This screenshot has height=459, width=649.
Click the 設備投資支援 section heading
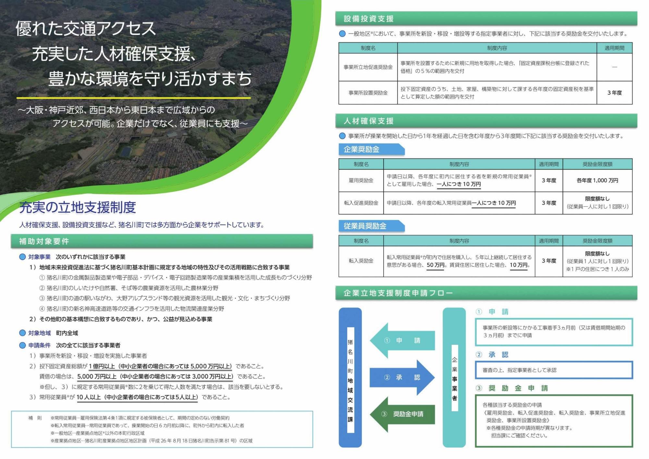[x=369, y=19]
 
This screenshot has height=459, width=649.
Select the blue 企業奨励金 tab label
[x=361, y=149]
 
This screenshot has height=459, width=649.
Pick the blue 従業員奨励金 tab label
[x=365, y=226]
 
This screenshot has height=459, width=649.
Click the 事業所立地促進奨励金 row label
[x=368, y=67]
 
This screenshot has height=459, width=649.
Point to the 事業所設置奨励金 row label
[x=368, y=93]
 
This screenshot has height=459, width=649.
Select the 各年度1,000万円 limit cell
[x=597, y=180]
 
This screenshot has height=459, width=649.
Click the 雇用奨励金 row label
[x=361, y=180]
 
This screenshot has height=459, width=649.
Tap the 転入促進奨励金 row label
[x=361, y=203]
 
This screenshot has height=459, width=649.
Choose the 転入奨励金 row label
[x=361, y=261]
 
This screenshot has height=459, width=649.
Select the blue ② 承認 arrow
[x=402, y=377]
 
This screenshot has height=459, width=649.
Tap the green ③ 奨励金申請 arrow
[x=402, y=414]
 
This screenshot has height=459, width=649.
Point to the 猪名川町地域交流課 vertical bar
[x=350, y=378]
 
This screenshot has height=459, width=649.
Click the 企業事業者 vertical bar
[x=454, y=378]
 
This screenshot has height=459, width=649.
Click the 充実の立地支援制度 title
[x=78, y=207]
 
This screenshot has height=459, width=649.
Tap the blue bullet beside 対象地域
[x=22, y=333]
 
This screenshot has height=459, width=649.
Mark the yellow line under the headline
[x=133, y=98]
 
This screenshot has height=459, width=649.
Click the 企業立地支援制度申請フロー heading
[x=398, y=293]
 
